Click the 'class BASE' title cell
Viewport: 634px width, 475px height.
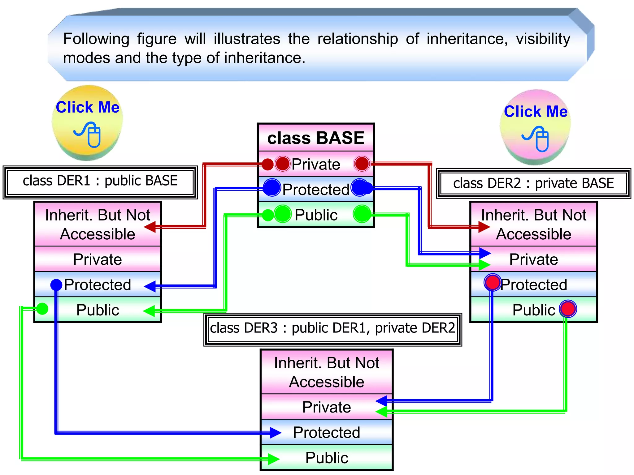coord(316,138)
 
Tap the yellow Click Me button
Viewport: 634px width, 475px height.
coord(87,122)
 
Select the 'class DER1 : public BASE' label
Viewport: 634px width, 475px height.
coord(100,181)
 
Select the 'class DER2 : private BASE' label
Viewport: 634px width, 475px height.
coord(533,183)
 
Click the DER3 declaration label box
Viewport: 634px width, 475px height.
coord(332,328)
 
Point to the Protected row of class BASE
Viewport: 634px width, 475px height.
coord(316,189)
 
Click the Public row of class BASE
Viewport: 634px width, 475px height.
coord(316,215)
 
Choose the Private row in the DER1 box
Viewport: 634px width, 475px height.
coord(98,259)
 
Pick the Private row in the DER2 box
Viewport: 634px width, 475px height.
coord(533,259)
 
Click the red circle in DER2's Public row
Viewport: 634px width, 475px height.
coord(568,309)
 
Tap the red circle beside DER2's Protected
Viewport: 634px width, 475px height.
coord(492,282)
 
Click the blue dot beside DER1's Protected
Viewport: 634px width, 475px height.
coord(56,285)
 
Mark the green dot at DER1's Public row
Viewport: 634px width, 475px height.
coord(42,309)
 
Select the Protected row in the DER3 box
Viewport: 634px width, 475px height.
coord(327,432)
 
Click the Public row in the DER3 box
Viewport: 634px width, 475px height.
coord(327,458)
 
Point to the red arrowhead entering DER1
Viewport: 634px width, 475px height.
coord(150,227)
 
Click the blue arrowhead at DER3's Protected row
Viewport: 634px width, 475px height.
coord(275,433)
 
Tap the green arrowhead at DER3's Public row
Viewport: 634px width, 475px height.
coord(273,459)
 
